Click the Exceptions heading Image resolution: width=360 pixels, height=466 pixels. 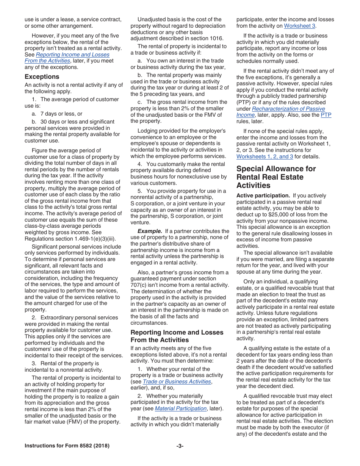[42, 77]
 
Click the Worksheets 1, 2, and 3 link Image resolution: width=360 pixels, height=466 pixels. [265, 156]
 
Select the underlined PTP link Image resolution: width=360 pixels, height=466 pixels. [326, 115]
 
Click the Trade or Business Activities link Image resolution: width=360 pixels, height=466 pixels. [177, 382]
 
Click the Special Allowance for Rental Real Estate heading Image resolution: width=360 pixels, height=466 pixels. [276, 177]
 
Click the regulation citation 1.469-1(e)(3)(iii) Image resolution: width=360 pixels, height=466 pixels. [90, 239]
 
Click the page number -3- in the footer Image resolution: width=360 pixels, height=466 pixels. [180, 446]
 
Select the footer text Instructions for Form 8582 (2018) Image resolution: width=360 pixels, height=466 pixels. [67, 446]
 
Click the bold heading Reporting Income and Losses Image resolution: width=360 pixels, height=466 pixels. [177, 332]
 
